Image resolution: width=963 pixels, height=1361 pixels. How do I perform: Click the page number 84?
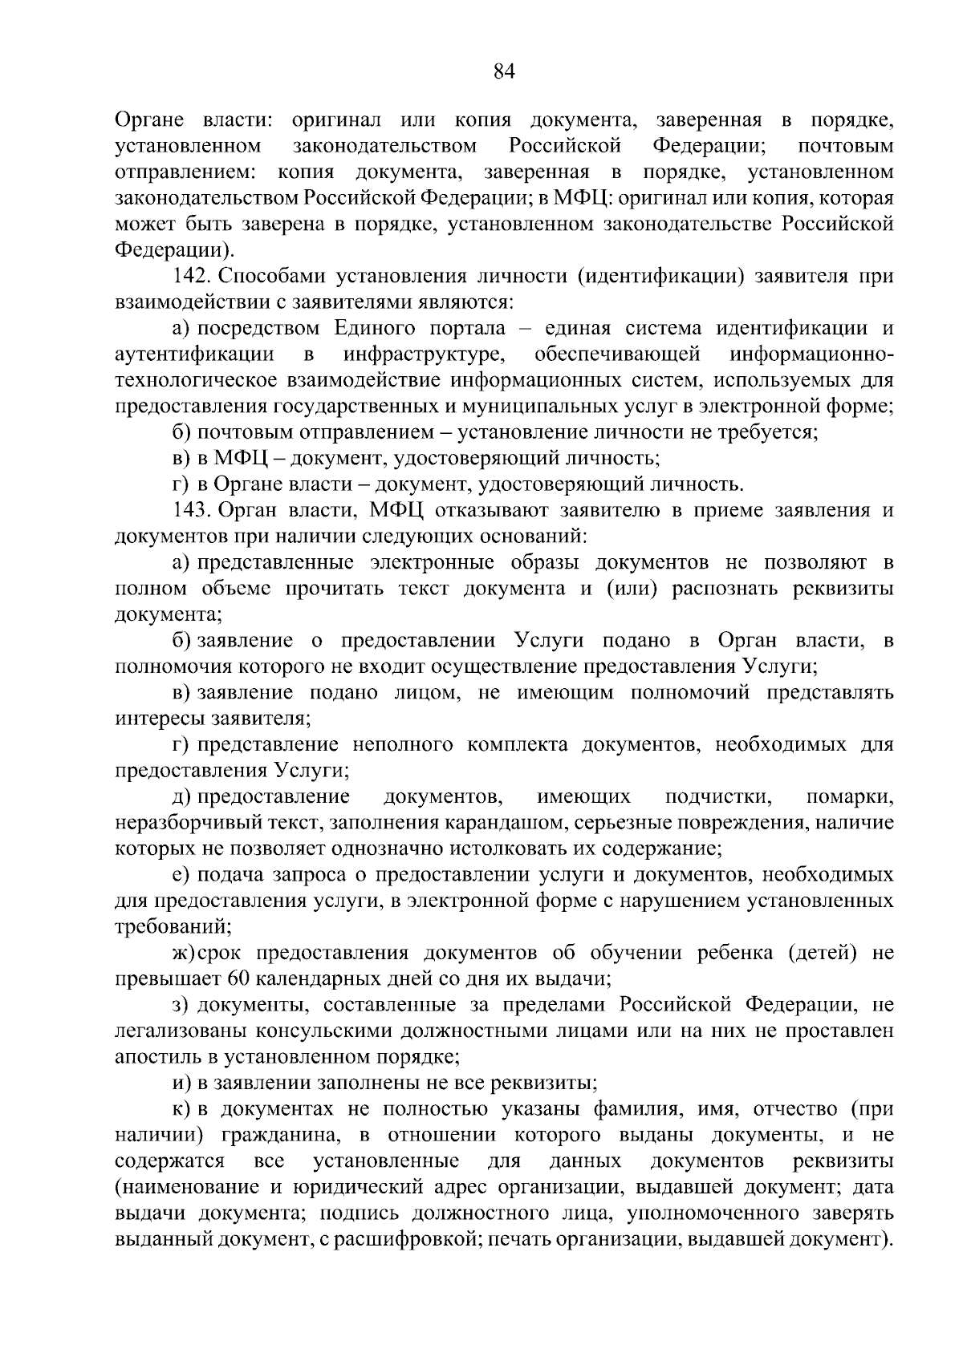[503, 72]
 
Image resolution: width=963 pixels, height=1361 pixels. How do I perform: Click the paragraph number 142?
[191, 277]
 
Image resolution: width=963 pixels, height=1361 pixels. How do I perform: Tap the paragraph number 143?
[191, 511]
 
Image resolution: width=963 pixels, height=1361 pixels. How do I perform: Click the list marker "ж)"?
[184, 954]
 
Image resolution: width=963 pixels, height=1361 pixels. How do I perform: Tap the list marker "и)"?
[181, 1084]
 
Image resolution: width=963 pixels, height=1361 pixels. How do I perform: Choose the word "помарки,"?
[849, 797]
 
